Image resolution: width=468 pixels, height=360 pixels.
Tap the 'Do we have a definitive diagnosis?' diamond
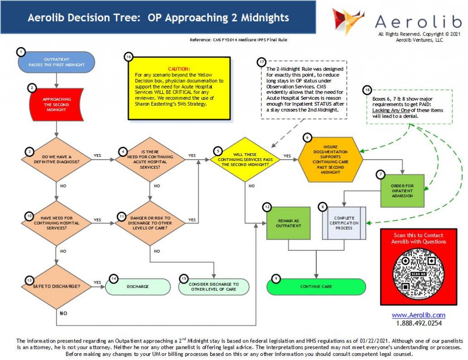coord(57,159)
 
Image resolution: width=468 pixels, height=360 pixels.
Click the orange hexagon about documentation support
coord(330,158)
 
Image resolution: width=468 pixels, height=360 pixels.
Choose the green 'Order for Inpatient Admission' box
coord(403,191)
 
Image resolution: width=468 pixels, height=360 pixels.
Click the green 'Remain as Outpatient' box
coord(288,223)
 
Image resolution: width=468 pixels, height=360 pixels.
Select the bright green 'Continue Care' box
coord(316,287)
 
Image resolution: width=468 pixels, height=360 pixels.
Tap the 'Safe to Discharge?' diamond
coord(56,287)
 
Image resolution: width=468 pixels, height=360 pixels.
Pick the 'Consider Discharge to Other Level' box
coord(213,287)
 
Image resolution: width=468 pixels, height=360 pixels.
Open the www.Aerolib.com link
coord(418,315)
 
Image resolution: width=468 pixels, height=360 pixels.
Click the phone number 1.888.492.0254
coord(419,323)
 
